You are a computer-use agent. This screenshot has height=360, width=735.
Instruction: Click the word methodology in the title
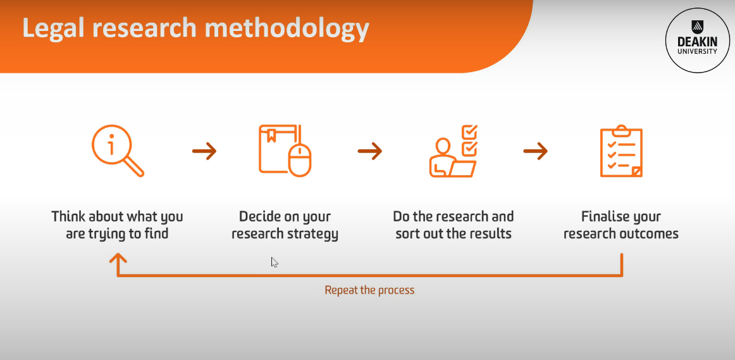click(287, 28)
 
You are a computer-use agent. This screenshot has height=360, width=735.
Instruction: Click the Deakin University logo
click(697, 40)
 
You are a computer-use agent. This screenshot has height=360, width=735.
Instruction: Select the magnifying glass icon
click(118, 151)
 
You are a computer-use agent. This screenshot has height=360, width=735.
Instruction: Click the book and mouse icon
click(285, 151)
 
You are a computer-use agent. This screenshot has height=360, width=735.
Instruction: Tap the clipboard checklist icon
click(621, 151)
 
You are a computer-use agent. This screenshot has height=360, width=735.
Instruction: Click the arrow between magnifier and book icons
click(204, 151)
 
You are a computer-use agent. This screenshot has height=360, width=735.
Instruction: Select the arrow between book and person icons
click(370, 151)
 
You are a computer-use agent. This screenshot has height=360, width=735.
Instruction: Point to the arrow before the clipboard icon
click(536, 151)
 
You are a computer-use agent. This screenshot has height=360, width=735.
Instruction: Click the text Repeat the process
click(369, 290)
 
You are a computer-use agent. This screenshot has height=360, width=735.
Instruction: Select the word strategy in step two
click(315, 234)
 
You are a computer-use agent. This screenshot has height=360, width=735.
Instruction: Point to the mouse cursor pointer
click(275, 262)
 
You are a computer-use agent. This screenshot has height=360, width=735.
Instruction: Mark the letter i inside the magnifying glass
click(111, 146)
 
